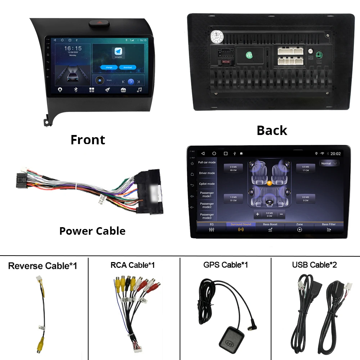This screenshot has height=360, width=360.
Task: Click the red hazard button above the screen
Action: (x=97, y=24)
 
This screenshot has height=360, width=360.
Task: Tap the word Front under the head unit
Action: (x=88, y=140)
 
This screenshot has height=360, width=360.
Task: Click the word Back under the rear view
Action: (x=272, y=130)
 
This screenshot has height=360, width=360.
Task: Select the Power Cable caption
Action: (x=92, y=231)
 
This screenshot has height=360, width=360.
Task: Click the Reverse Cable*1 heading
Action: (x=42, y=266)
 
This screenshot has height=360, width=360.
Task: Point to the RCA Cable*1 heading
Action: (x=132, y=265)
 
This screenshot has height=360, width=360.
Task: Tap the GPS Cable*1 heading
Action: (x=225, y=265)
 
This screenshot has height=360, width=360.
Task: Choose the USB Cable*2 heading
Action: (x=314, y=265)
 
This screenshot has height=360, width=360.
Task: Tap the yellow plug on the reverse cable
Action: (x=39, y=347)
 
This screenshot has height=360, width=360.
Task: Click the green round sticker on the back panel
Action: (x=249, y=55)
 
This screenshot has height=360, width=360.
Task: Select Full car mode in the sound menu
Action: (x=207, y=162)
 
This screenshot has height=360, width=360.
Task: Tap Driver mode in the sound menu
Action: (x=207, y=173)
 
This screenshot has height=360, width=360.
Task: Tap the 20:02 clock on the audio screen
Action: (x=336, y=153)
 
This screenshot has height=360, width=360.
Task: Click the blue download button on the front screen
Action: (x=127, y=67)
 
